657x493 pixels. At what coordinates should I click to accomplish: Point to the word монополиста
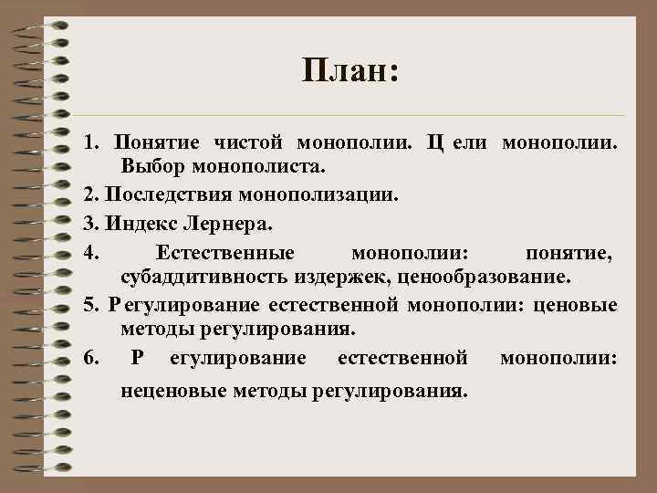coord(249,168)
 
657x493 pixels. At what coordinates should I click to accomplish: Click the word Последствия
coord(170,194)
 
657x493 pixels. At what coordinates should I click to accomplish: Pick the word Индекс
coord(138,221)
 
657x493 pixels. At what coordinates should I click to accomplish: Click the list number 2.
coord(89,194)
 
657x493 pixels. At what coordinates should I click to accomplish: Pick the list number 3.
coord(89,221)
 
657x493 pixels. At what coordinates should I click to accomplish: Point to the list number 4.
coord(89,251)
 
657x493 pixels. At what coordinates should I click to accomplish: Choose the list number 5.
coord(89,304)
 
